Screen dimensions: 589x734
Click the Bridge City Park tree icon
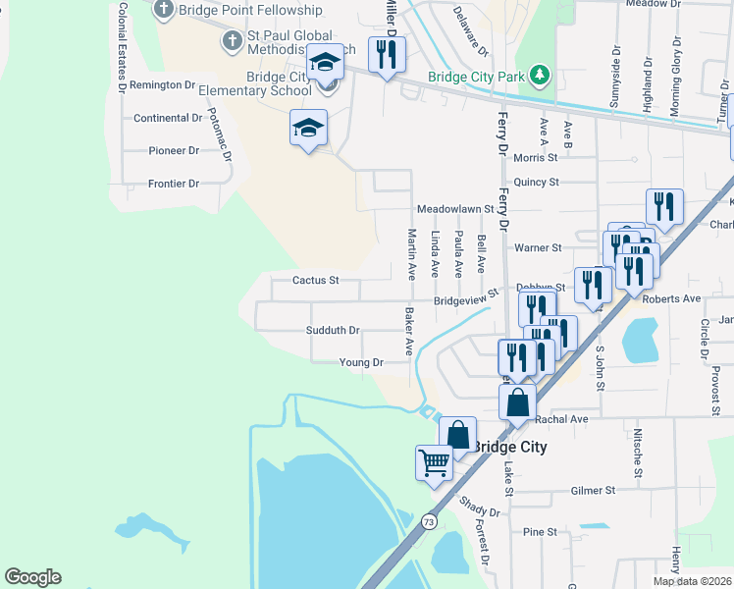point(538,76)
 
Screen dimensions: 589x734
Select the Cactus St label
point(316,280)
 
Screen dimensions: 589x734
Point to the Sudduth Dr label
point(333,331)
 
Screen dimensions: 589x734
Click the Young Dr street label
point(360,362)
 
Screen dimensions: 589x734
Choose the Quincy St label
point(536,182)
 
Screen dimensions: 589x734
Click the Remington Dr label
point(163,85)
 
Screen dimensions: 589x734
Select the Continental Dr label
point(168,118)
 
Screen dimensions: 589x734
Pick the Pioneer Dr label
point(174,150)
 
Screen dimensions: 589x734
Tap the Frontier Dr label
point(174,184)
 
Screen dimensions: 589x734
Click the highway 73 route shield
point(429,521)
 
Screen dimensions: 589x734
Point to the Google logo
point(32,577)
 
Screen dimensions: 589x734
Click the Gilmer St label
point(593,490)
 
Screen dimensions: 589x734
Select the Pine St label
point(540,532)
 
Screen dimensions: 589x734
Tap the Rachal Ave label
point(562,419)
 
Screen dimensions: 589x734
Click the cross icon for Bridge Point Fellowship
point(163,10)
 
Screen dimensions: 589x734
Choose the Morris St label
point(535,157)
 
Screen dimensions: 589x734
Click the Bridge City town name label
point(509,447)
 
